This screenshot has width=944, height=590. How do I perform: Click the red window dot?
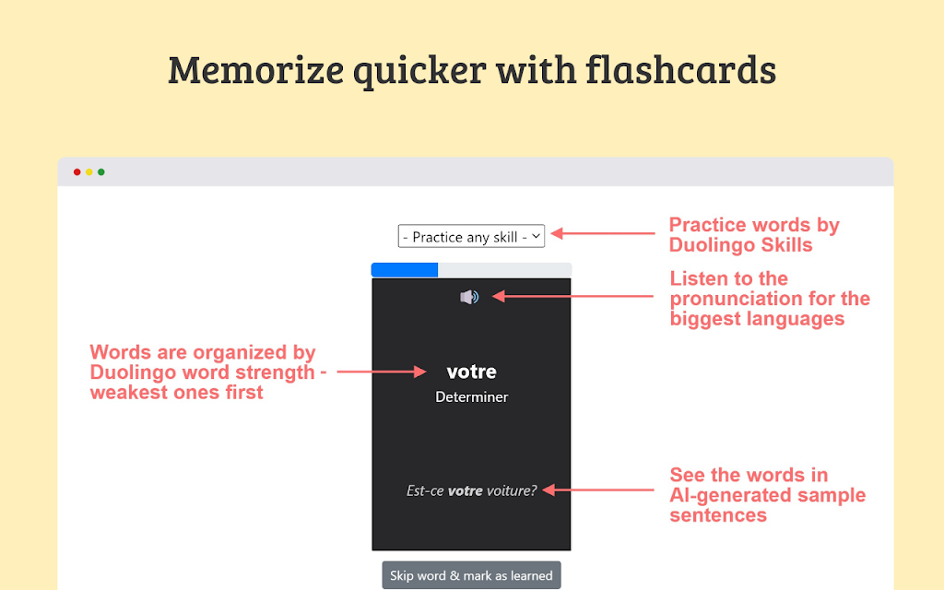(x=77, y=172)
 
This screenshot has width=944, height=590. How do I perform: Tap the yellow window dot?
(x=89, y=172)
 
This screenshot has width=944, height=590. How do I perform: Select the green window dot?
(x=101, y=172)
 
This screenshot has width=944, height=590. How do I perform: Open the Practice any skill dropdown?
(x=471, y=237)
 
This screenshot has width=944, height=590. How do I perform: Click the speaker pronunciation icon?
(x=469, y=297)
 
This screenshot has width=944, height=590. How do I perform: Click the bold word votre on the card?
(x=471, y=372)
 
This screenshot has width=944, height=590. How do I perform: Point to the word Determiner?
(x=471, y=397)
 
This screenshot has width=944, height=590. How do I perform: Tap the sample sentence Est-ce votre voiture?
(x=471, y=490)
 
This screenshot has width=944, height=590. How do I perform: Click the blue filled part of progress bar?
(x=405, y=270)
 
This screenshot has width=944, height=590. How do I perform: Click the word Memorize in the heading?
(x=256, y=70)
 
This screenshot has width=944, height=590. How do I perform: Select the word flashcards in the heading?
(x=680, y=70)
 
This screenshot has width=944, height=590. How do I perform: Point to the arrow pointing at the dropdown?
(x=603, y=233)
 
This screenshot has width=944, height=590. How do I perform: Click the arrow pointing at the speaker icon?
(x=572, y=296)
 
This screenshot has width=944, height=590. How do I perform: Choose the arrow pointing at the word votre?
(x=382, y=372)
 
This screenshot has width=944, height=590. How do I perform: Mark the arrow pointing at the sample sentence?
(x=597, y=490)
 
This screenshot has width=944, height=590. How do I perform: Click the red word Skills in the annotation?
(x=785, y=245)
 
